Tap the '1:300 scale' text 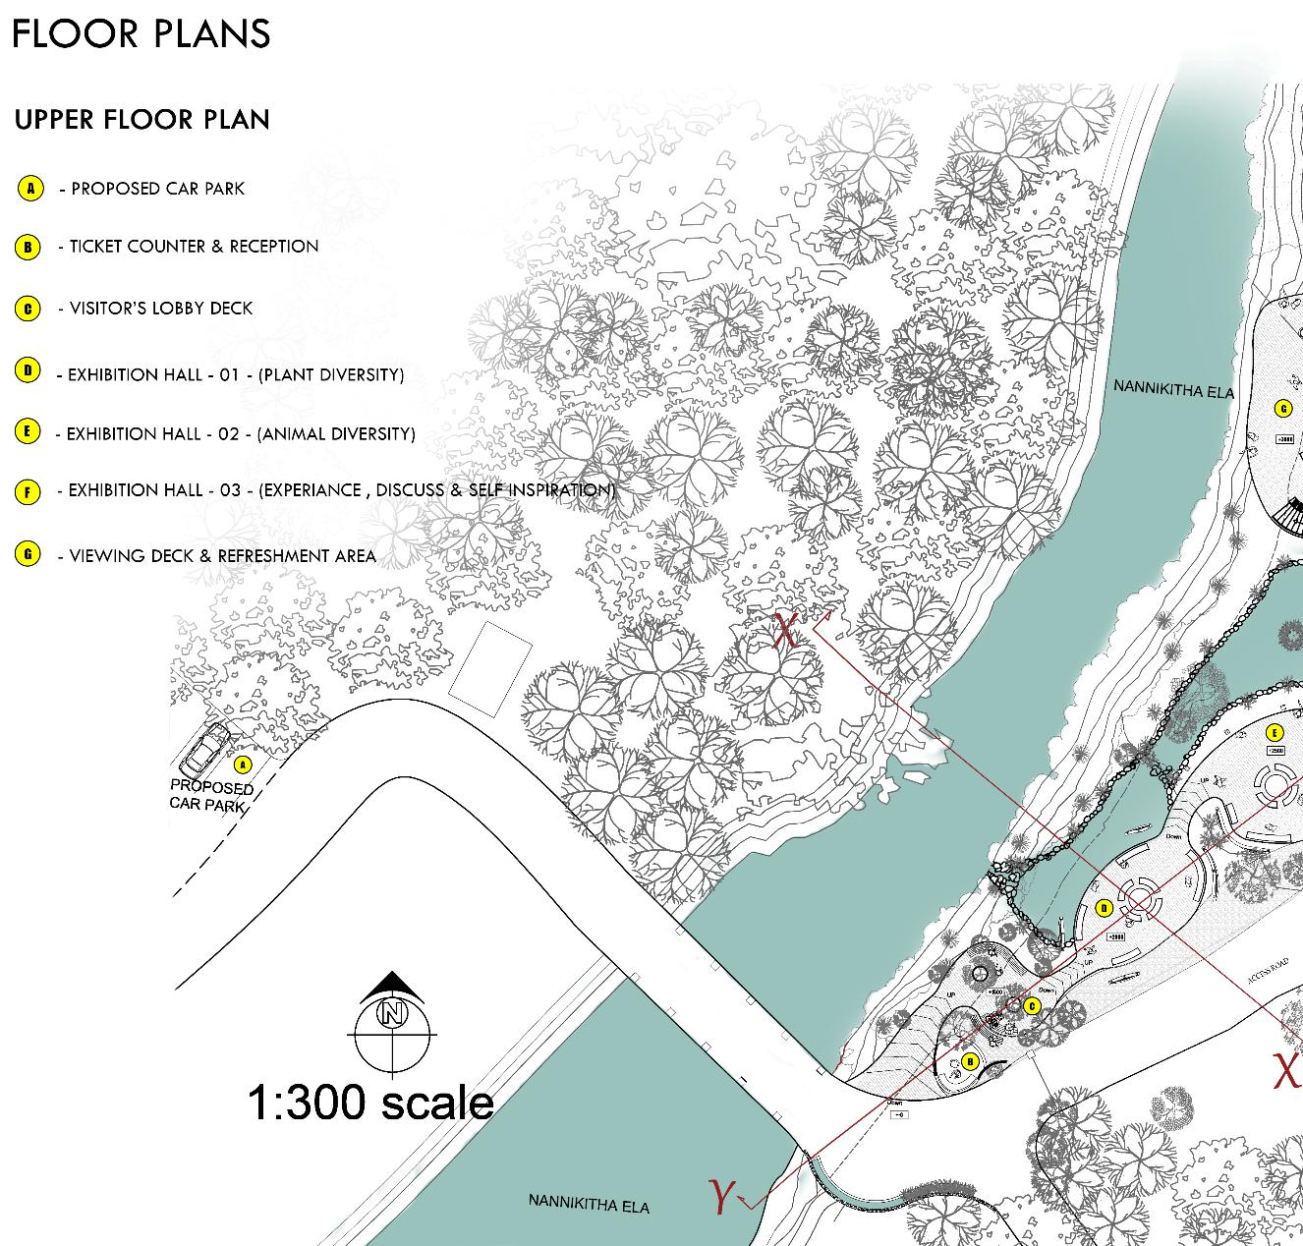click(x=370, y=1103)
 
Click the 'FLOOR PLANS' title click(x=141, y=33)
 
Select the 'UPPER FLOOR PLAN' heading click(x=142, y=120)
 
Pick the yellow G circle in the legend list click(x=28, y=553)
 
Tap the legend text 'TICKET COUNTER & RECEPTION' click(x=194, y=247)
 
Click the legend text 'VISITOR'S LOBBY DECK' click(x=160, y=309)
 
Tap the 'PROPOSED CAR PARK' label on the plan click(x=211, y=796)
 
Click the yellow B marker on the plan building click(x=970, y=1061)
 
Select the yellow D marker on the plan click(x=1104, y=908)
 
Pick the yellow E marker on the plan click(x=1275, y=732)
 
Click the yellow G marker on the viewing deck click(x=1281, y=408)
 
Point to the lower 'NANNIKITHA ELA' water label click(x=589, y=1203)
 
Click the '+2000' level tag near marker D click(x=1116, y=936)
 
